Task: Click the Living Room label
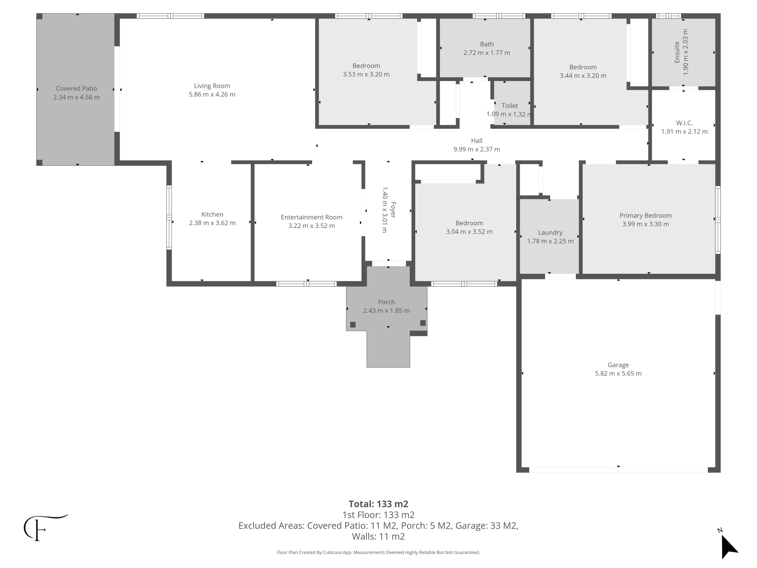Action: coord(212,86)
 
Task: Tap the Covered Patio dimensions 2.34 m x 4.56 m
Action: coord(76,97)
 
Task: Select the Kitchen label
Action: coord(212,214)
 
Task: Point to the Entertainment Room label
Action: coord(312,217)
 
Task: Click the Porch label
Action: coord(386,302)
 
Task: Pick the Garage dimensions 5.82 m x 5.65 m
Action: coord(618,373)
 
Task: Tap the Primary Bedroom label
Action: coord(646,215)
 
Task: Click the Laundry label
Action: coord(550,233)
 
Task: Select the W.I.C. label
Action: coord(684,123)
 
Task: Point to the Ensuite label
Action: coord(677,52)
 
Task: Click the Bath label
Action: coord(487,44)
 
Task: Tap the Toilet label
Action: coord(510,106)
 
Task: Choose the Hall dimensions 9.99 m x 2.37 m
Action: coord(477,150)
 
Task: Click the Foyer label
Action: coord(393,210)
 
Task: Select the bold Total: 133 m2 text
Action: coord(378,504)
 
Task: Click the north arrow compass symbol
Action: coord(728,545)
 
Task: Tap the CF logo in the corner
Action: coord(45,527)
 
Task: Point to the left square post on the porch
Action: coord(353,325)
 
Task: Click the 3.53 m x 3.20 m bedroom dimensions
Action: coord(366,75)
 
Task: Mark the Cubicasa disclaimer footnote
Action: coord(378,552)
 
